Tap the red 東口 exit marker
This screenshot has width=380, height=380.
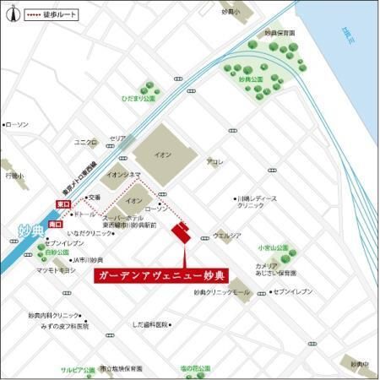(62, 204)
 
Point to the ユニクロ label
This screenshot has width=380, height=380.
(85, 141)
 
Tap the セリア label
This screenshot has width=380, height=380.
(117, 138)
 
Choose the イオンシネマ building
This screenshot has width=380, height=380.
(122, 176)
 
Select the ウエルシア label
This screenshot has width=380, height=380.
(226, 236)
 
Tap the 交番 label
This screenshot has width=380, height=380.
(94, 198)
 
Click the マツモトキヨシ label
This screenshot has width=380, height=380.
(56, 270)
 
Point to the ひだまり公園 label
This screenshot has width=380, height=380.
(138, 99)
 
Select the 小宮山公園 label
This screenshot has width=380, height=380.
(274, 248)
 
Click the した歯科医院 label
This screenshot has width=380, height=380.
(151, 323)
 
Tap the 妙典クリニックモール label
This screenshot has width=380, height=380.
(222, 292)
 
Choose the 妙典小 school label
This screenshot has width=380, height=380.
(231, 13)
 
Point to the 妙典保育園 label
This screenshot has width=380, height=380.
(280, 33)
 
